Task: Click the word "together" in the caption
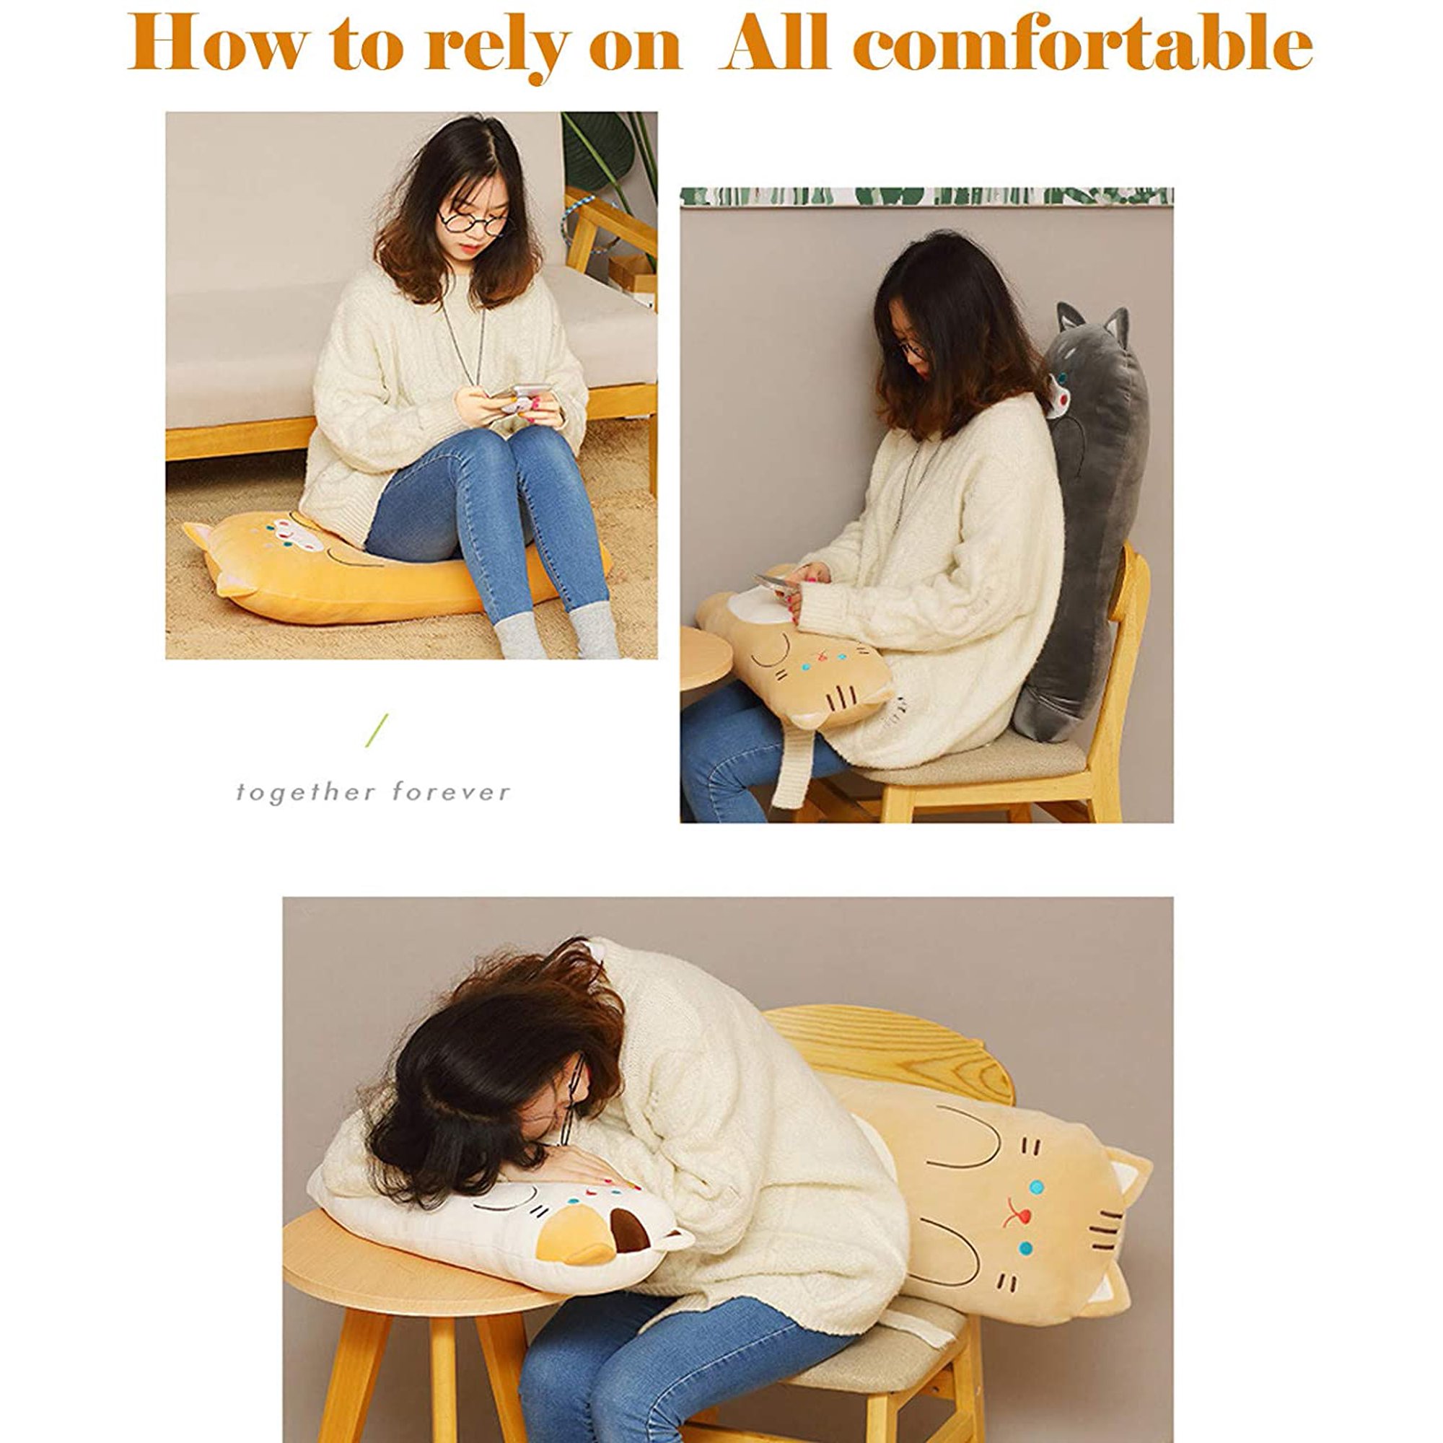tap(302, 792)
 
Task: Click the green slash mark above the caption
tap(377, 730)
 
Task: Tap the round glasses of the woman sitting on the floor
tap(473, 222)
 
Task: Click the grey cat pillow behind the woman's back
tap(1087, 523)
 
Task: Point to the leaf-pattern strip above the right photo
tap(927, 196)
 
